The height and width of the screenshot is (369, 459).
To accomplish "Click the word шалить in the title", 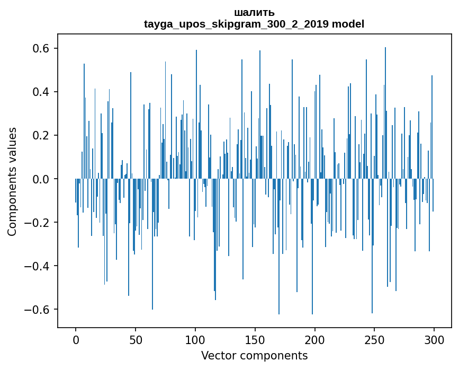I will pyautogui.click(x=254, y=12).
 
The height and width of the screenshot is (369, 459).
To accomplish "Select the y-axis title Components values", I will pyautogui.click(x=12, y=181).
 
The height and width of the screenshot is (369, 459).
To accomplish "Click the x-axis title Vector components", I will pyautogui.click(x=254, y=355).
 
